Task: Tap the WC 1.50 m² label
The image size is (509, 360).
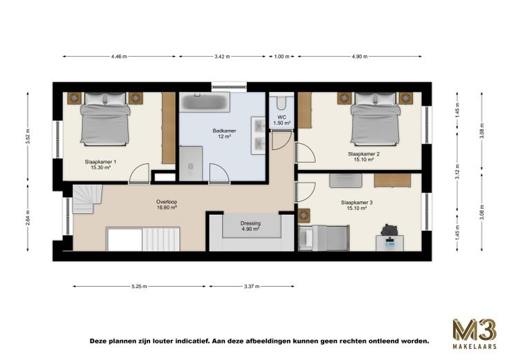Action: click(281, 120)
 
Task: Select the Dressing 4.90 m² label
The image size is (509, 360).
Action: click(250, 226)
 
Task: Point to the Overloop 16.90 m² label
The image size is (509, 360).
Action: click(167, 205)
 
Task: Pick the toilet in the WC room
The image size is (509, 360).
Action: click(281, 102)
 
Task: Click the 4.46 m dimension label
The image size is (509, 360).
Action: click(119, 57)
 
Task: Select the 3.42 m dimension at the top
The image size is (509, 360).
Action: click(222, 57)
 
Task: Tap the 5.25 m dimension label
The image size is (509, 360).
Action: click(139, 286)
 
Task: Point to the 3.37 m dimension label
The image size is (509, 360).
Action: click(252, 286)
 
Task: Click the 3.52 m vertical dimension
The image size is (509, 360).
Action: click(28, 136)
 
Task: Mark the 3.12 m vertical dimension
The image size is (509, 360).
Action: click(457, 172)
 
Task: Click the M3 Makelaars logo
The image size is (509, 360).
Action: click(474, 334)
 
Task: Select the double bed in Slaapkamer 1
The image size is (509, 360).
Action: click(105, 119)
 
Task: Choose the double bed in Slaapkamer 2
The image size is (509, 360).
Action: click(375, 119)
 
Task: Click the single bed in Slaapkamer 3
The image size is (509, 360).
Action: click(324, 238)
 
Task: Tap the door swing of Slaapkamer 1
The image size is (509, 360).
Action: click(140, 174)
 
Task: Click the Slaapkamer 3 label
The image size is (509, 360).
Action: click(357, 202)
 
